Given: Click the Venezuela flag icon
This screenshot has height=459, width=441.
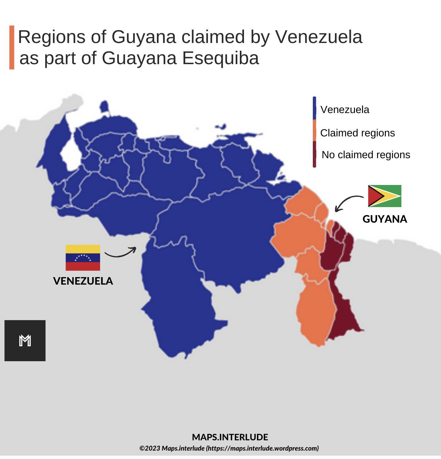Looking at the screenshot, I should coord(83,258).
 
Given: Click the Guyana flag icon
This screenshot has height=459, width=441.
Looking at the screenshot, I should coord(385,196).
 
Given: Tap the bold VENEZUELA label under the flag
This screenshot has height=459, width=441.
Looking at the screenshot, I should coord(83,281).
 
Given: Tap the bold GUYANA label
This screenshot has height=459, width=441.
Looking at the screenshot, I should coord(385,219).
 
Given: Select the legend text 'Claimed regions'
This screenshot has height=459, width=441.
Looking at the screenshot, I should coord(357,133).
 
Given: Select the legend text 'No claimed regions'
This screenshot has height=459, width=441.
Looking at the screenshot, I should coord(366,155).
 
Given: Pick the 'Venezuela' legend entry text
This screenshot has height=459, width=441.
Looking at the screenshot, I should coord(345,110).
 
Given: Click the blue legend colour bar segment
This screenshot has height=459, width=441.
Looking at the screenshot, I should coord(314,108).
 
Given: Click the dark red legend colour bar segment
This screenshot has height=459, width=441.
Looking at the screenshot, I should coord(314,154).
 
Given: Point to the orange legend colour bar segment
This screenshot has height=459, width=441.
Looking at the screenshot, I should coord(314,130).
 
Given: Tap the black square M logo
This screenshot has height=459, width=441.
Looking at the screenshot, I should coord(25,340).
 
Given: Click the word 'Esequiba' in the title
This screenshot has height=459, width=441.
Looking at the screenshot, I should coord(220,58).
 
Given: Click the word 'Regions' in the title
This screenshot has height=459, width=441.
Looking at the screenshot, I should coord(52,37).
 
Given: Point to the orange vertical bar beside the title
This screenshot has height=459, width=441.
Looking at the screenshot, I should coord(12,47).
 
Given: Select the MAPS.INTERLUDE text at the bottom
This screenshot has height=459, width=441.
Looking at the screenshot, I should coord(230,437).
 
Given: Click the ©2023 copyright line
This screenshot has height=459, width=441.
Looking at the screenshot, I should coord(229,448).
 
